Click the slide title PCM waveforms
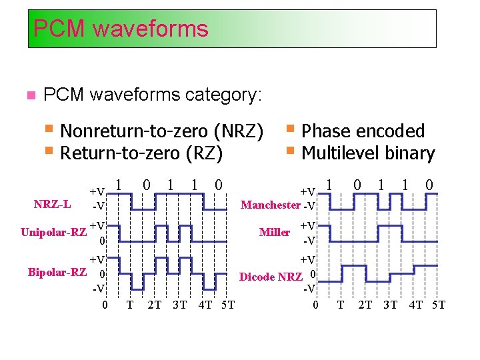pos(121,29)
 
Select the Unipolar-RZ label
pos(53,232)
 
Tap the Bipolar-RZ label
pos(57,272)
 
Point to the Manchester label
pos(270,205)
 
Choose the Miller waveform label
pos(274,232)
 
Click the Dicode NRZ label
pos(271,277)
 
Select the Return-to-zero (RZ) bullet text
pos(141,153)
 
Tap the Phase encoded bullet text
pos(363,131)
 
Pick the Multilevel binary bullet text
pos(368,153)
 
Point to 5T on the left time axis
pos(227,305)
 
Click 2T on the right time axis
pos(365,305)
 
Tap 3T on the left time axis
pos(179,305)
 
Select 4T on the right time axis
pos(415,305)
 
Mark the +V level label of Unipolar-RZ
pos(97,226)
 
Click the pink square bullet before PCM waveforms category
pos(29,96)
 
